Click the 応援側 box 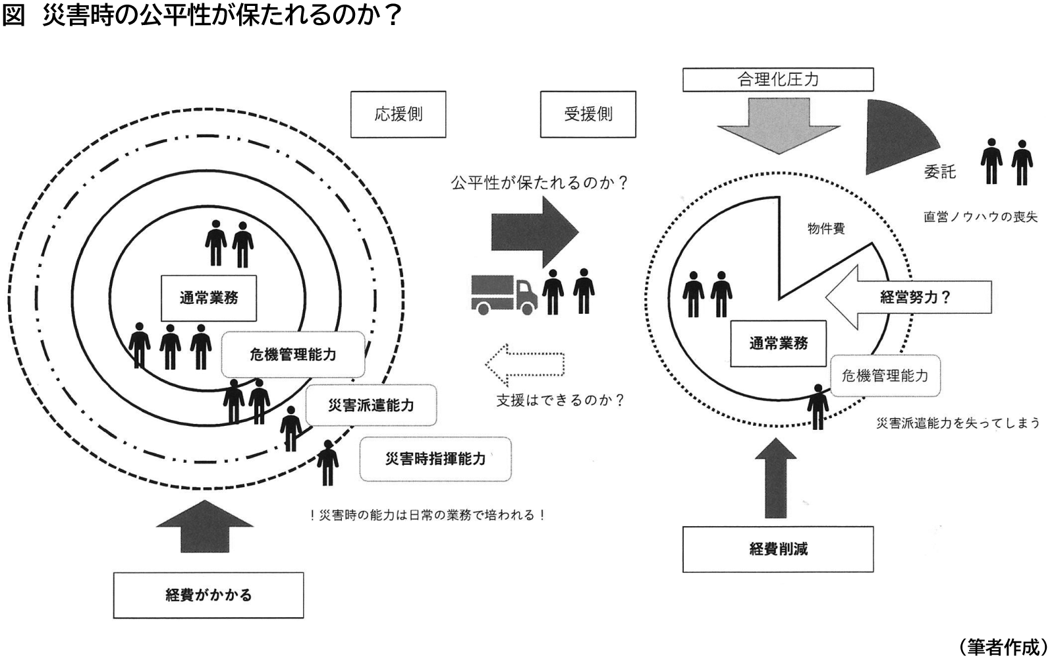(x=398, y=114)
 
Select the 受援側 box (x=588, y=114)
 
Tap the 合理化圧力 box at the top (x=777, y=79)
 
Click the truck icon (x=504, y=294)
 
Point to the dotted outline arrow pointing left (x=524, y=364)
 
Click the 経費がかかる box (x=208, y=595)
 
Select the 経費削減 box (x=777, y=549)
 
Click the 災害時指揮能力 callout (x=435, y=458)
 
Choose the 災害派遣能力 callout (x=371, y=405)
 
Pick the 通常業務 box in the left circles (x=209, y=298)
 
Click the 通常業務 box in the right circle (x=778, y=343)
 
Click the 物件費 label (x=826, y=229)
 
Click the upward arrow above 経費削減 (x=776, y=477)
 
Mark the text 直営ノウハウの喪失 (x=980, y=216)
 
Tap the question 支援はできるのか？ (x=559, y=400)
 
